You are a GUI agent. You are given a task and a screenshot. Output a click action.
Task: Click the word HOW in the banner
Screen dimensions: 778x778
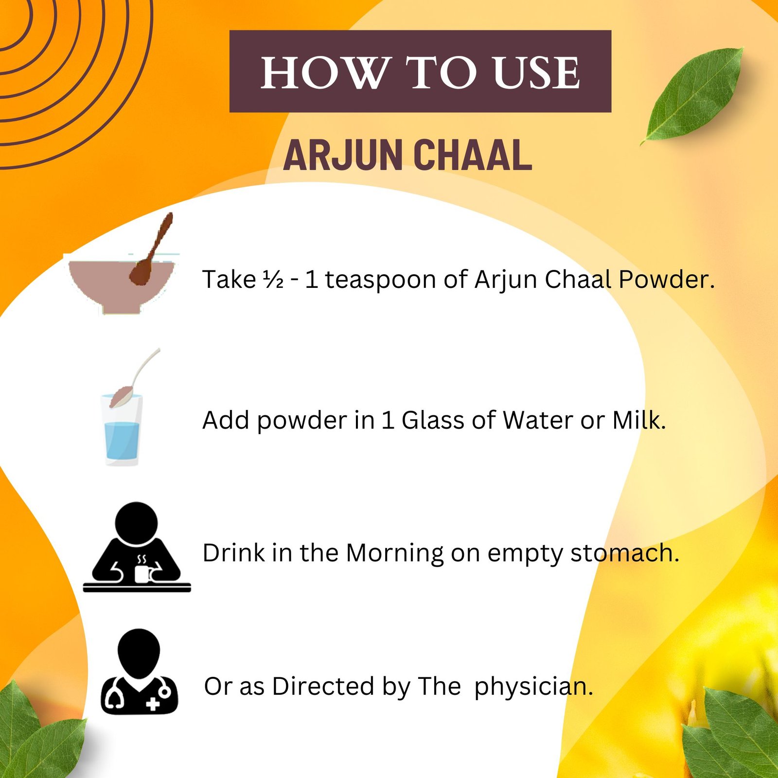tap(325, 73)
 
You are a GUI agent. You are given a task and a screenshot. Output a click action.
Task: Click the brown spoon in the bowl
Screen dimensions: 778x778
tap(151, 250)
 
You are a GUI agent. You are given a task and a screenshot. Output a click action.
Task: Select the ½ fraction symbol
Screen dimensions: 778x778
tap(273, 280)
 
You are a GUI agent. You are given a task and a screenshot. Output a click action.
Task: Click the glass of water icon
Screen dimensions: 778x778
tap(122, 428)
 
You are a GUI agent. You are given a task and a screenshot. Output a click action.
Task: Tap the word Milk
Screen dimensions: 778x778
tap(638, 421)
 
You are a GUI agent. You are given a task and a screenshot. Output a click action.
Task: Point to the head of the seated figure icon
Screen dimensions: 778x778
tap(137, 523)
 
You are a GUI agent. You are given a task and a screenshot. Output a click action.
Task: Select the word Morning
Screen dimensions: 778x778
tap(395, 553)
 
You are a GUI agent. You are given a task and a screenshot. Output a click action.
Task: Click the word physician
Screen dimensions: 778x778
tap(533, 687)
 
